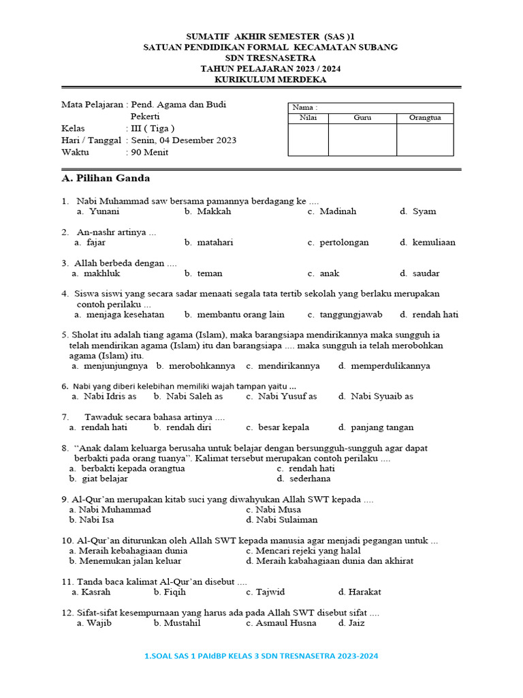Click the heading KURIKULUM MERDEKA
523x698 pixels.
coord(270,80)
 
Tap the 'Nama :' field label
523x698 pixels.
coord(304,108)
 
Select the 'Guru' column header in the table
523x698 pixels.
coord(362,118)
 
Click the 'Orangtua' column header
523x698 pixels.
coord(425,118)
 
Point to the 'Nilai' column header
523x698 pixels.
coord(308,118)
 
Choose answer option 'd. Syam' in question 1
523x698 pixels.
coord(417,211)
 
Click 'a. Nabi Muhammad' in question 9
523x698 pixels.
coord(110,509)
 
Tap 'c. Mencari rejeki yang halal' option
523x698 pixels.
coord(303,551)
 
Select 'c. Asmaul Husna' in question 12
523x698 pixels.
coord(281,623)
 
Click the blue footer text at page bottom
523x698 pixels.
coord(261,656)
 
